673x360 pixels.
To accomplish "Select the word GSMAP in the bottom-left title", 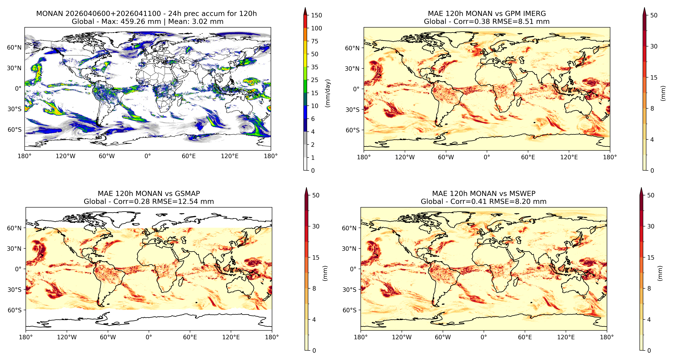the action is pyautogui.click(x=187, y=194).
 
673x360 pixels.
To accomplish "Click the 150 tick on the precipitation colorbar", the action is pyautogui.click(x=316, y=15).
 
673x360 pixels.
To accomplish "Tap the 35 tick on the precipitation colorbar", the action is pyautogui.click(x=315, y=67).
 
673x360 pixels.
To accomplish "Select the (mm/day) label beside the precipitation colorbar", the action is pyautogui.click(x=328, y=93).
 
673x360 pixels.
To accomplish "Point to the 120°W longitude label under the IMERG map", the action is pyautogui.click(x=405, y=157).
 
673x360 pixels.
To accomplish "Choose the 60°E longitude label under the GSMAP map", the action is pyautogui.click(x=190, y=337).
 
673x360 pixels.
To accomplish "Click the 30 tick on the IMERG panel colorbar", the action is pyautogui.click(x=654, y=46).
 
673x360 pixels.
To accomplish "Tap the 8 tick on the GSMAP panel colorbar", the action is pyautogui.click(x=314, y=288).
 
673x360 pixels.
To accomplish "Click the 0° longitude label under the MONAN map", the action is pyautogui.click(x=148, y=156).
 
